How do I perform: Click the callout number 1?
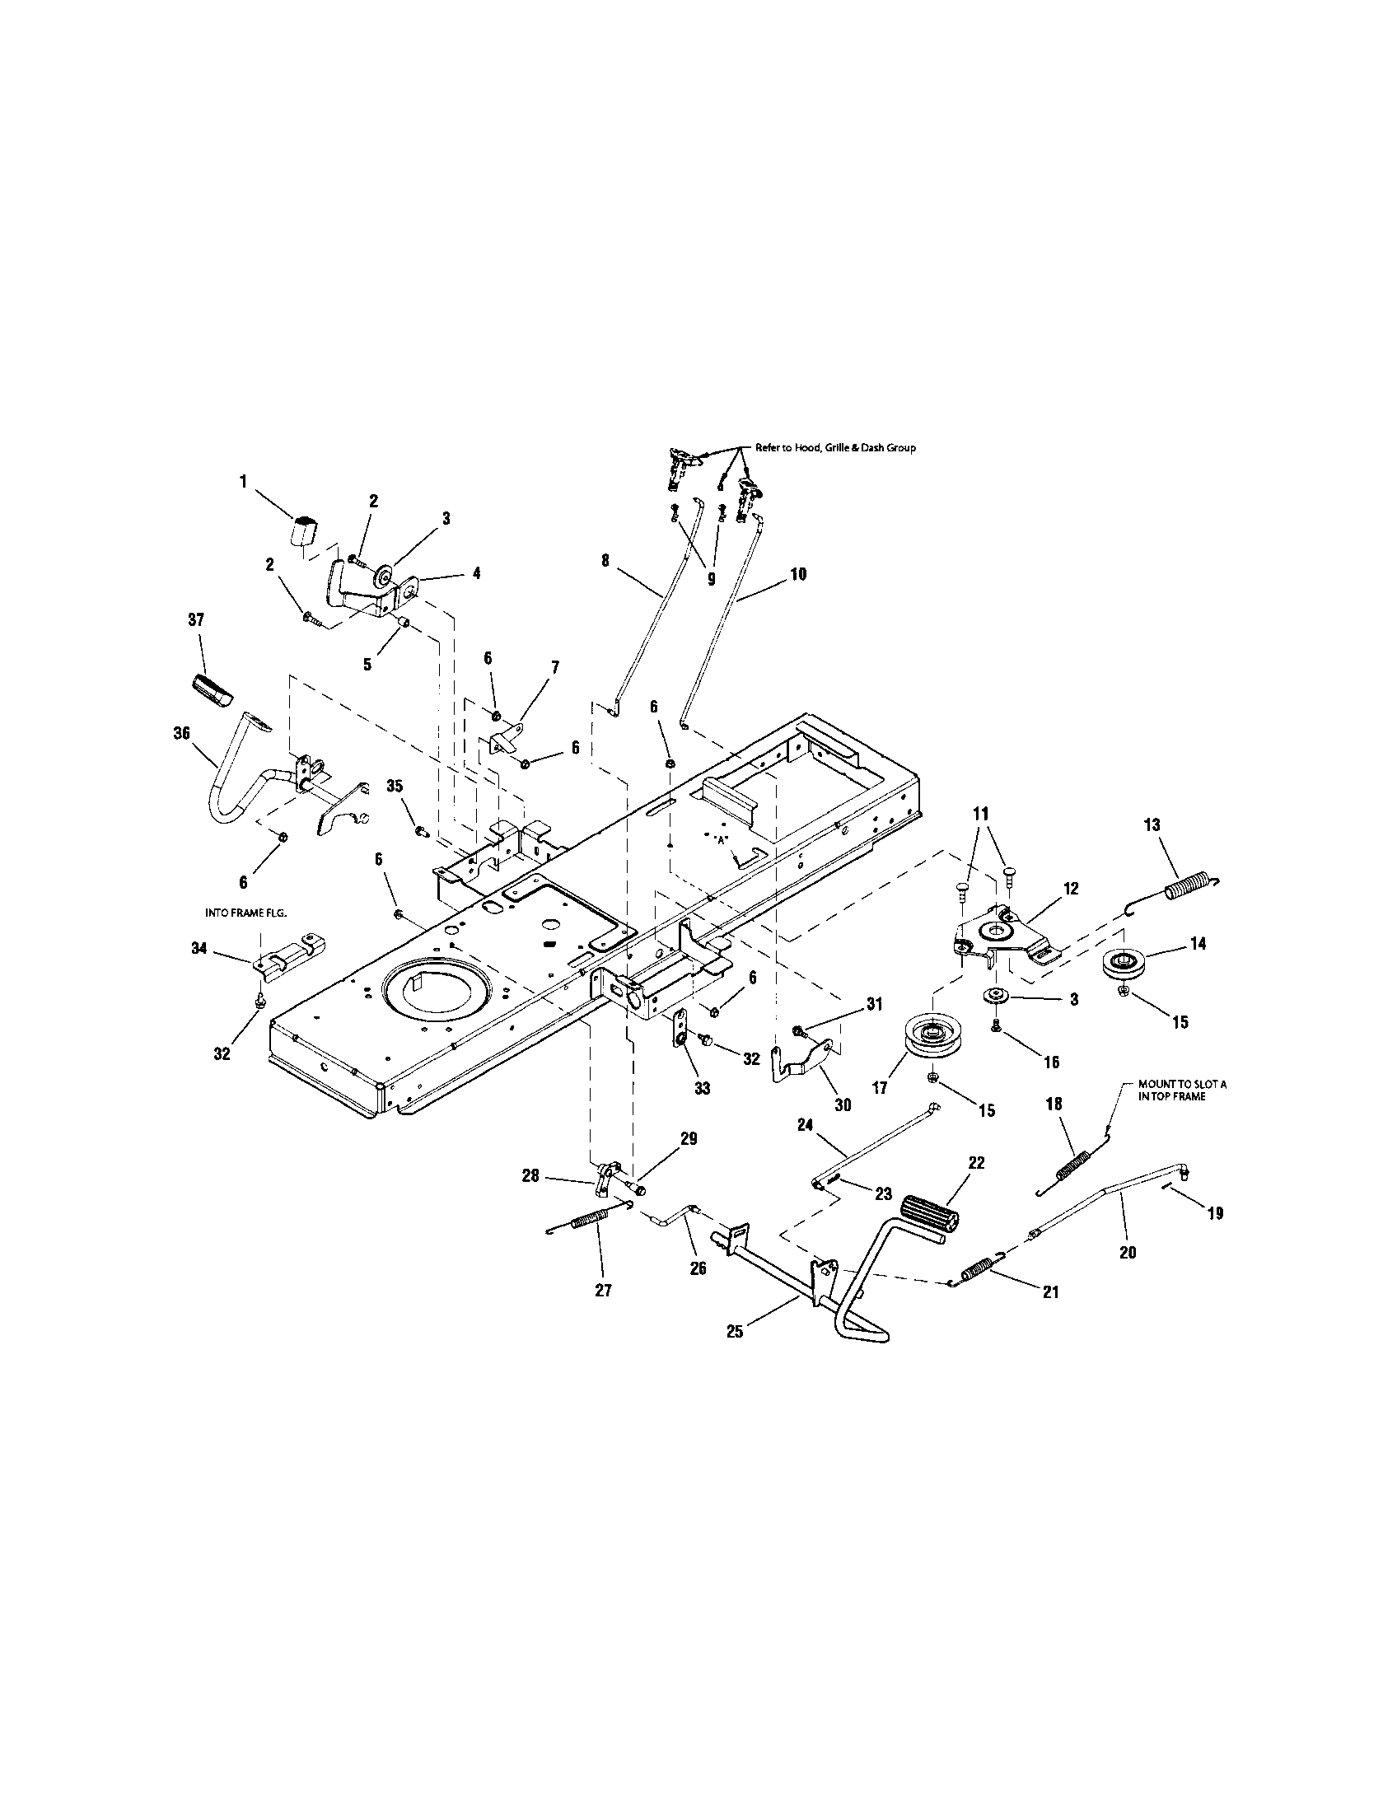pyautogui.click(x=244, y=482)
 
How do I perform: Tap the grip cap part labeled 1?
pyautogui.click(x=306, y=530)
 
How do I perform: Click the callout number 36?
pyautogui.click(x=182, y=733)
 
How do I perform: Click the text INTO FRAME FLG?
pyautogui.click(x=245, y=913)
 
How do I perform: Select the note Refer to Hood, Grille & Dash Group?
pyautogui.click(x=834, y=448)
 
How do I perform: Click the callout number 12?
pyautogui.click(x=1070, y=889)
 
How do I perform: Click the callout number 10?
pyautogui.click(x=797, y=573)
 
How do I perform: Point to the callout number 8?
pyautogui.click(x=605, y=561)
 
